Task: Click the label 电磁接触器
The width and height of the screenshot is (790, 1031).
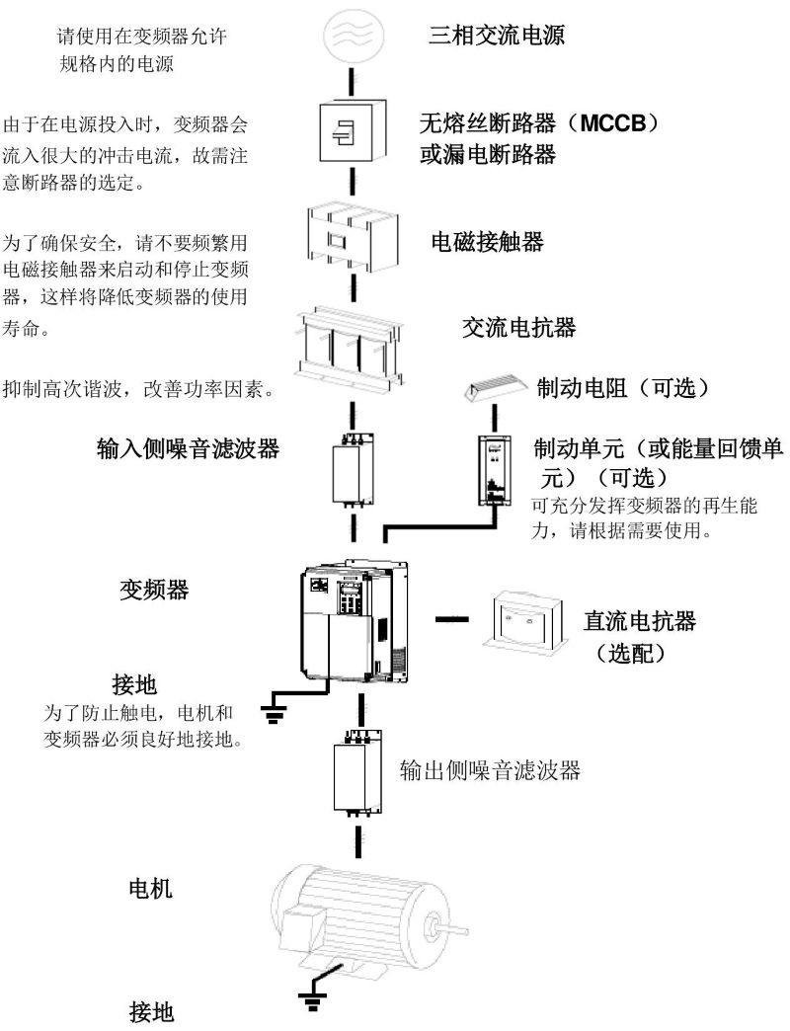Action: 488,242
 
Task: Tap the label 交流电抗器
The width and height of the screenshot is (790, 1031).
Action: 517,327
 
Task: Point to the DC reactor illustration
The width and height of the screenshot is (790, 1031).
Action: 527,620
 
